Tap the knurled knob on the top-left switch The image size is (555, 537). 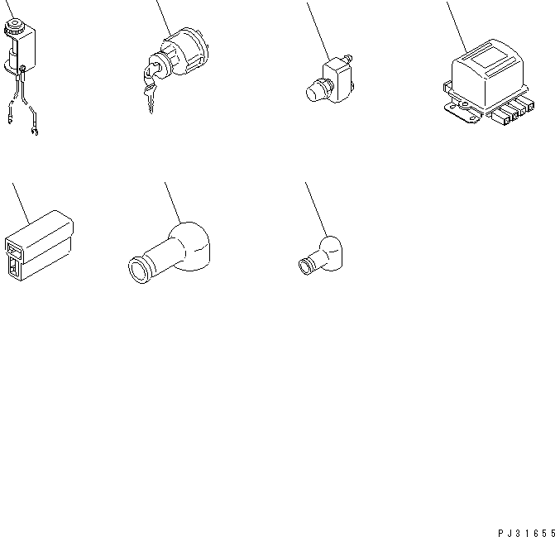pos(14,28)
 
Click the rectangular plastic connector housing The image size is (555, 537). pos(41,235)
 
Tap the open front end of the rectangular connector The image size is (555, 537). pos(17,257)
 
